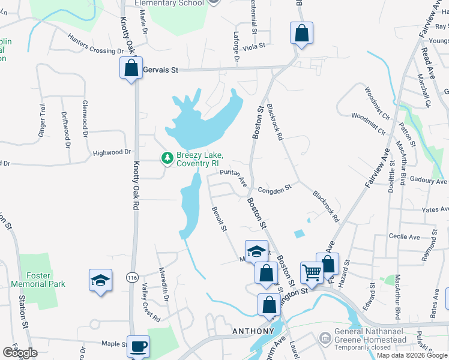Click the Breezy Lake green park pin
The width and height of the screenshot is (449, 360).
tap(167, 158)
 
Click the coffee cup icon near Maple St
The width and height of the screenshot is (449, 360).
tap(139, 346)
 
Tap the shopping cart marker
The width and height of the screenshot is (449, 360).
tap(312, 274)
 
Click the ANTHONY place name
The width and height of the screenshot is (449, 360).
tap(253, 331)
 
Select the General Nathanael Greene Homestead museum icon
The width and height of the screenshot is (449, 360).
tap(325, 339)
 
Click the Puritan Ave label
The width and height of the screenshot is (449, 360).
tap(234, 177)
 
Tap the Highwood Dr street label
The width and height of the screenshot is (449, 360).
tap(112, 153)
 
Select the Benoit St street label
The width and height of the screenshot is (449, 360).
tap(219, 220)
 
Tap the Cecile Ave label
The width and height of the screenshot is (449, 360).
tap(405, 237)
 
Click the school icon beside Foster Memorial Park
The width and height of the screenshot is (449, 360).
tap(100, 280)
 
